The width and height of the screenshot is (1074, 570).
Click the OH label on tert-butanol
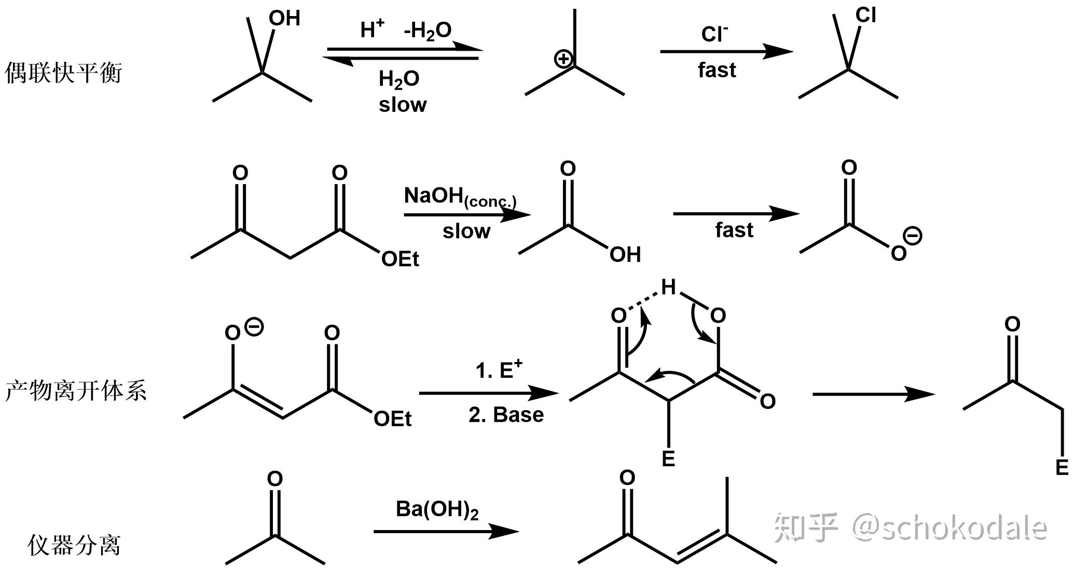click(x=284, y=19)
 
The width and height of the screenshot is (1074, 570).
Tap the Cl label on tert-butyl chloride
click(x=866, y=16)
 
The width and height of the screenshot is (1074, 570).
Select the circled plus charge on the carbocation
click(x=563, y=59)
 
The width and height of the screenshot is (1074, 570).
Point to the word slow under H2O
click(x=403, y=105)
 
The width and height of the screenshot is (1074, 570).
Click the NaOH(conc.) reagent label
click(x=460, y=197)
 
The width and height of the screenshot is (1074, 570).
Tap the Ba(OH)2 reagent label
click(x=437, y=510)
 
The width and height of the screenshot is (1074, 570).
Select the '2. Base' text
click(x=506, y=415)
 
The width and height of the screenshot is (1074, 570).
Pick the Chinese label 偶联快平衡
click(x=63, y=73)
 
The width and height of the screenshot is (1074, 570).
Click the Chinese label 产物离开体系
click(x=76, y=391)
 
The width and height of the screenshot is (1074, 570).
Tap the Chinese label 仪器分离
click(x=74, y=545)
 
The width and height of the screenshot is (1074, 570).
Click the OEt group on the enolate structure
click(x=392, y=419)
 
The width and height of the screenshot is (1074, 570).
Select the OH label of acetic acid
click(x=625, y=255)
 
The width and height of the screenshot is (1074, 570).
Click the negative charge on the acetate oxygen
click(x=913, y=237)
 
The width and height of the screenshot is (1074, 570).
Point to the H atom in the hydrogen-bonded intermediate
click(x=668, y=287)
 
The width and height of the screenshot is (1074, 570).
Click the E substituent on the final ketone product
click(x=1062, y=467)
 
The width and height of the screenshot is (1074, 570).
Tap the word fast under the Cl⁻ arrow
click(x=717, y=70)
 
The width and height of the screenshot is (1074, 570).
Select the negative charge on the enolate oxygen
click(x=254, y=327)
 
